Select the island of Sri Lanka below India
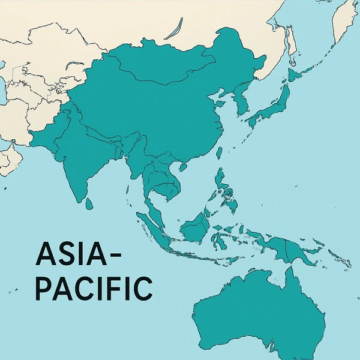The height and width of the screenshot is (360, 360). pyautogui.click(x=89, y=204)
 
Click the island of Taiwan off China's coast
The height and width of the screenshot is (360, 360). pyautogui.click(x=218, y=154)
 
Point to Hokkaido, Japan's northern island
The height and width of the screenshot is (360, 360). pyautogui.click(x=295, y=74)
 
